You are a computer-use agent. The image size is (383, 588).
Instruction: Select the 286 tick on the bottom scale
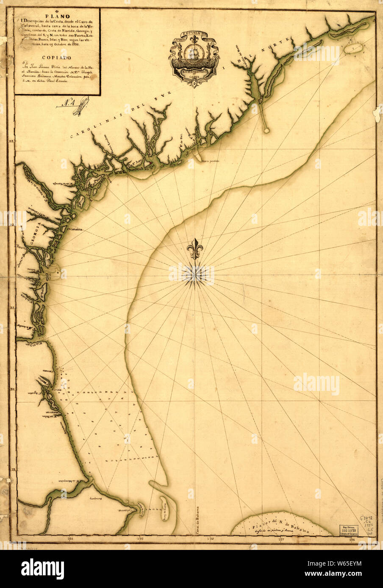70,539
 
